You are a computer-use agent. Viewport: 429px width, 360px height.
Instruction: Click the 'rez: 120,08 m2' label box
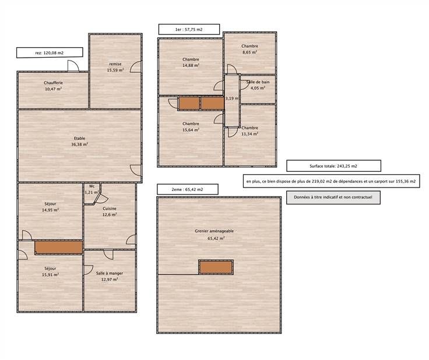[x=50, y=53]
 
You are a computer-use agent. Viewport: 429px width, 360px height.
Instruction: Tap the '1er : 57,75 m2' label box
[x=189, y=30]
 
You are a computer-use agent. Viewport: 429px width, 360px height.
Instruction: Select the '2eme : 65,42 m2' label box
[x=188, y=189]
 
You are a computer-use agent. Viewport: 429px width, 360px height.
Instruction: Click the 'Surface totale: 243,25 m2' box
[x=333, y=166]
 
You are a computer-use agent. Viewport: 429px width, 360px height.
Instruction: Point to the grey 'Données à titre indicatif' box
[x=333, y=197]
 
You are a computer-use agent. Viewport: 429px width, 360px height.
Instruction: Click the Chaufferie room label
[x=54, y=83]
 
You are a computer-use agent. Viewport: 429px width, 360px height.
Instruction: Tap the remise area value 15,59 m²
[x=115, y=70]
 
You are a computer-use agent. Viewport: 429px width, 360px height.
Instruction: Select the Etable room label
[x=80, y=138]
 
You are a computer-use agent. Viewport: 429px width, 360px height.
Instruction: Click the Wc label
[x=92, y=186]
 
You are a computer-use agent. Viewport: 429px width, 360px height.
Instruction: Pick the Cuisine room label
[x=110, y=209]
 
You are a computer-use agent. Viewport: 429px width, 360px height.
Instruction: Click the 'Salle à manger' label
[x=110, y=273]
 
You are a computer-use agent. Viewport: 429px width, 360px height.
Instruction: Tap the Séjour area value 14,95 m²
[x=50, y=210]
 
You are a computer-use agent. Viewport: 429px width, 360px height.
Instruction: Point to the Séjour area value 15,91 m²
[x=50, y=275]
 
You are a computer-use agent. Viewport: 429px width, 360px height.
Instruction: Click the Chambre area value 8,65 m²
[x=250, y=52]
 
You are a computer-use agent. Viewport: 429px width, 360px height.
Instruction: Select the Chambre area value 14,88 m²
[x=191, y=65]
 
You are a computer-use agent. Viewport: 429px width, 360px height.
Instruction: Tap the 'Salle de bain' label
[x=258, y=82]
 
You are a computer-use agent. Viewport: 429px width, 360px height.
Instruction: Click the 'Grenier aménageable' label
[x=214, y=231]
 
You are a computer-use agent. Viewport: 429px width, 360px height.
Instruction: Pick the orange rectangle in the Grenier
[x=216, y=267]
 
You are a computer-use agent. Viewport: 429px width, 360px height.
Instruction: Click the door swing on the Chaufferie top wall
[x=73, y=66]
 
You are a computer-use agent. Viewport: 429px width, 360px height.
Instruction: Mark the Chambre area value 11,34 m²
[x=250, y=134]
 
